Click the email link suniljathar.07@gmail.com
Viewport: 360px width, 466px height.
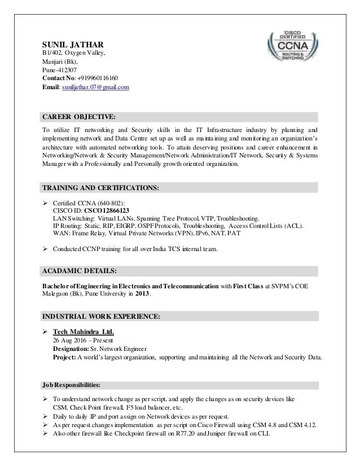coord(96,87)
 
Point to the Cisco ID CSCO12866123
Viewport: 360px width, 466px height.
coord(100,209)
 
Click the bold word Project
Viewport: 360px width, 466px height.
coord(65,357)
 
